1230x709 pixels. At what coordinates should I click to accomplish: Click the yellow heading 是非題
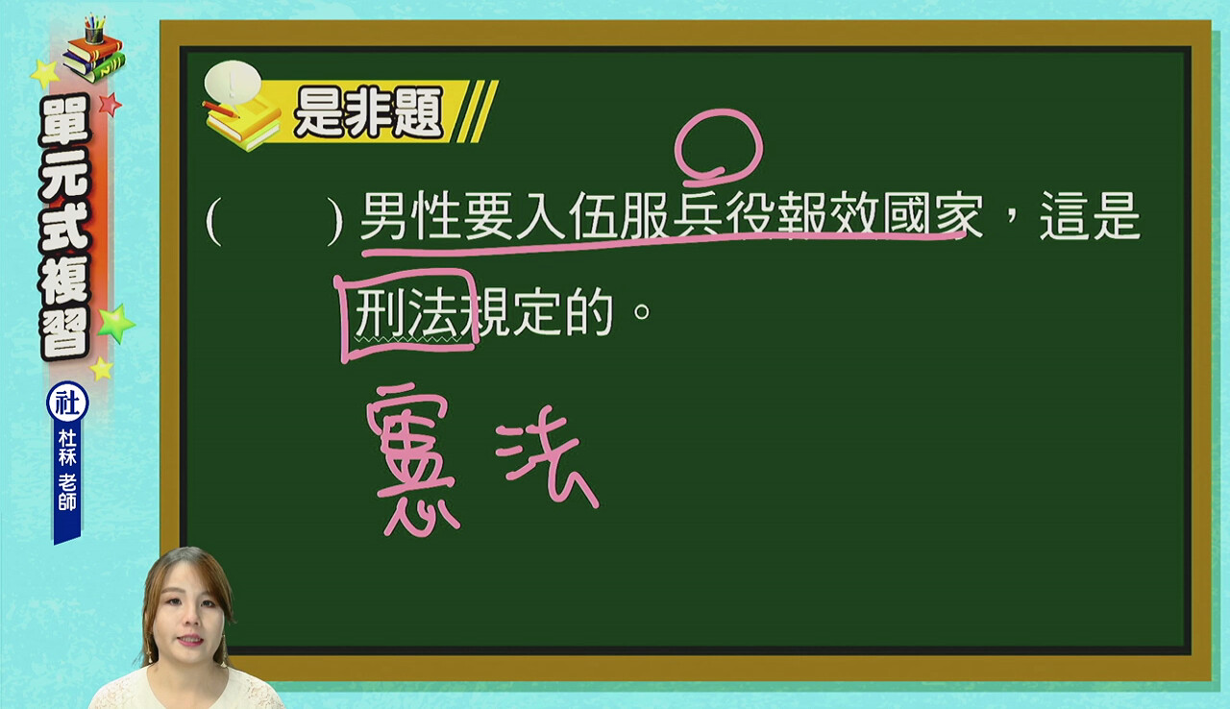click(368, 112)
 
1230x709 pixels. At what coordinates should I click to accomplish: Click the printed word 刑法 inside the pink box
click(407, 313)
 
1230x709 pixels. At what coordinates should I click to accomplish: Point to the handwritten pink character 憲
click(412, 458)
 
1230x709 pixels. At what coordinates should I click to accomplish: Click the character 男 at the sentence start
click(385, 215)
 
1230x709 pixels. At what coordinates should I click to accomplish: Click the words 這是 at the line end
click(1090, 215)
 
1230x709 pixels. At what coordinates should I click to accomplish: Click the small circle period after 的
click(641, 311)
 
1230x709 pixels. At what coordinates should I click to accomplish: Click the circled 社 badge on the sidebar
click(67, 403)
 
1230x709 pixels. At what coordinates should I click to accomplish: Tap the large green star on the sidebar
click(116, 323)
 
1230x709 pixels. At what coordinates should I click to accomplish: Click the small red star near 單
click(111, 104)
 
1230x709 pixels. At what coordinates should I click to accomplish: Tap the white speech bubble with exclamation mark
click(233, 82)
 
